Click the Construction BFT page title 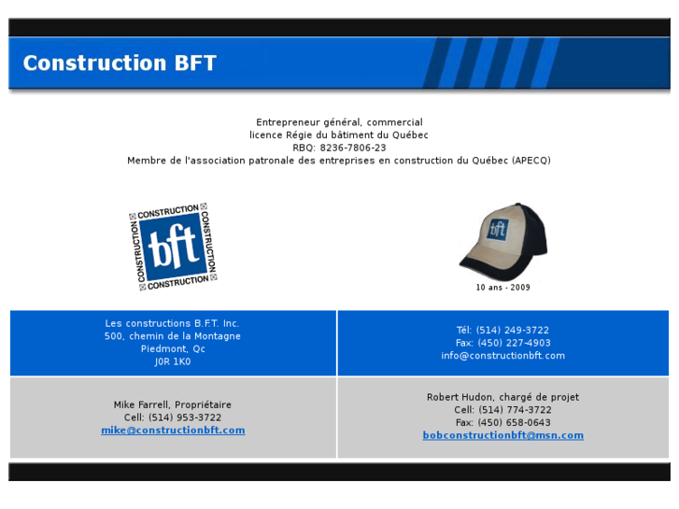120,64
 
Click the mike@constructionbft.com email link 173,431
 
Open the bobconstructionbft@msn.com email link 502,435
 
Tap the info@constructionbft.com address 502,356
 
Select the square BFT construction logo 173,247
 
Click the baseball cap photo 502,241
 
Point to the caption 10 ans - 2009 502,288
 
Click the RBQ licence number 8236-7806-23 352,148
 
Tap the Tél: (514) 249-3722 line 502,330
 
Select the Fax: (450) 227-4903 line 502,343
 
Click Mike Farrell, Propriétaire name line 173,404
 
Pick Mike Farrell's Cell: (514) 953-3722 173,417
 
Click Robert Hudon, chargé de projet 502,397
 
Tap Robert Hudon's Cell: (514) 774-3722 502,410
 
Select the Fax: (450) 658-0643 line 502,423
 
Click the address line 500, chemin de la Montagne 173,336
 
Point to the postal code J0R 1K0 173,361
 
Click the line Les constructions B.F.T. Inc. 173,323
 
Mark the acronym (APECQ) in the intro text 530,161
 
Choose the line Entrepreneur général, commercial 339,122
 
